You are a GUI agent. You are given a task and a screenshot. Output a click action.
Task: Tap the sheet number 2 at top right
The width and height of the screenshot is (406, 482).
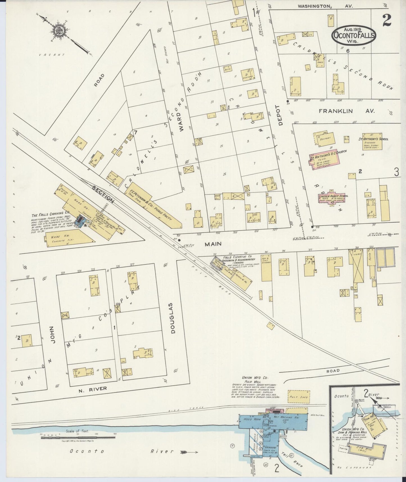(387, 20)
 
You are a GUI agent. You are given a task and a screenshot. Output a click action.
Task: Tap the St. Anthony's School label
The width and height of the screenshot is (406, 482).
(373, 139)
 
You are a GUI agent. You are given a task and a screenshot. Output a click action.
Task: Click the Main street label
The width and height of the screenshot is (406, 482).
(213, 244)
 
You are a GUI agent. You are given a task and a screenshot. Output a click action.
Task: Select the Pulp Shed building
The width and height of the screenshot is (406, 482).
(299, 397)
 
